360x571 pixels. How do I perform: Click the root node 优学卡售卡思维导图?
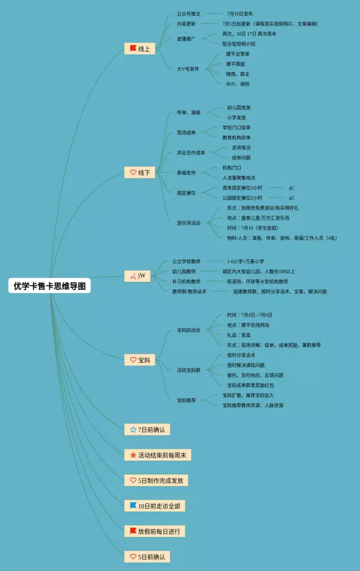tap(50, 286)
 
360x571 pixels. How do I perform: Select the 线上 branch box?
tap(139, 49)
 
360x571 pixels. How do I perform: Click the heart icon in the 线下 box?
tap(133, 172)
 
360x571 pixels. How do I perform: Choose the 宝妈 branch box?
tap(139, 360)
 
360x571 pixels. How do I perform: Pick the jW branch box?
tap(137, 276)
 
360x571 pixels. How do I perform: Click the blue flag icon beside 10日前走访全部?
tap(133, 506)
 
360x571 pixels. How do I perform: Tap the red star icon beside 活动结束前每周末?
tap(133, 455)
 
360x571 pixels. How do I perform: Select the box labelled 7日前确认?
tap(147, 430)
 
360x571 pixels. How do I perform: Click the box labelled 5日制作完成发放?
tap(156, 480)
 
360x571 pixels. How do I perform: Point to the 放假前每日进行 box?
tap(155, 531)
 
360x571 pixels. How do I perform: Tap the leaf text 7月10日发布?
tap(240, 14)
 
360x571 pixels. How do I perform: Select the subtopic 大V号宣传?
tap(188, 69)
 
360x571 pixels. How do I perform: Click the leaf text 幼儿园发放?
tap(238, 107)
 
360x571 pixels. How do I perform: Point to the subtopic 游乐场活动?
tap(188, 223)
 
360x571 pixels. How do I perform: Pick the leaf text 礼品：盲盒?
tap(238, 335)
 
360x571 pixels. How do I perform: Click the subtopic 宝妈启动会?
tap(188, 330)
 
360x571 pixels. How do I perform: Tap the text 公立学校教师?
tap(186, 262)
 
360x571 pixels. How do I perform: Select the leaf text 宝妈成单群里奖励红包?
tap(250, 385)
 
